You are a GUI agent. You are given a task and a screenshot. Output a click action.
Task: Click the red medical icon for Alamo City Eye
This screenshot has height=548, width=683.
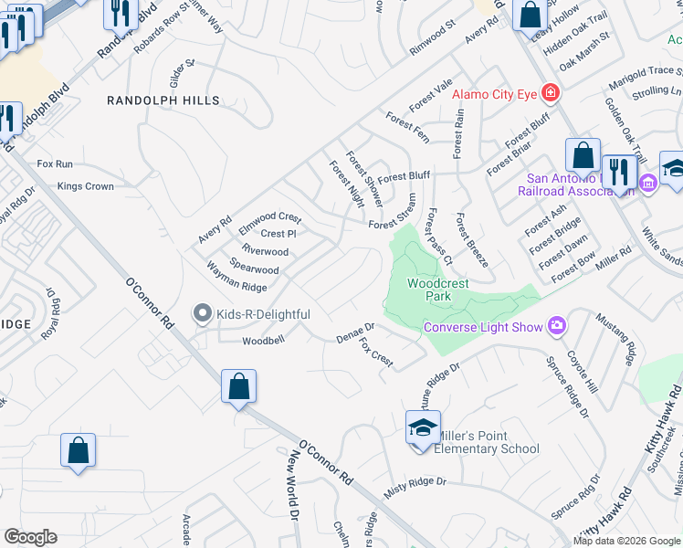[550, 92]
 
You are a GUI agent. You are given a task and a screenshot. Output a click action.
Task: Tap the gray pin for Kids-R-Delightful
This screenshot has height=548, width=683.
[204, 314]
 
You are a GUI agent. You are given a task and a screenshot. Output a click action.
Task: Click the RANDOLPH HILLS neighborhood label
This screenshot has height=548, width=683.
[163, 100]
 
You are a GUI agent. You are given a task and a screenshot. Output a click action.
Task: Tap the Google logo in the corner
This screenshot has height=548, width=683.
[30, 537]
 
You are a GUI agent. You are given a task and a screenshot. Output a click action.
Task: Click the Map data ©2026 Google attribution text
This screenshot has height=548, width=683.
[626, 541]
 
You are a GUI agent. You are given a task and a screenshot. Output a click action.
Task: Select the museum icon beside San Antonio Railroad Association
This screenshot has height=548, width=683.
[648, 184]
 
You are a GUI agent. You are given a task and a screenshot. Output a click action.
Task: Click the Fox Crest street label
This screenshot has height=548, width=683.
[376, 353]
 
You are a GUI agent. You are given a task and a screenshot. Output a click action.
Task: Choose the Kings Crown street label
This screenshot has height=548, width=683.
[85, 186]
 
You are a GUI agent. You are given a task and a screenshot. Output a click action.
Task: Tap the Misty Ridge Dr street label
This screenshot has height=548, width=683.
[415, 487]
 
